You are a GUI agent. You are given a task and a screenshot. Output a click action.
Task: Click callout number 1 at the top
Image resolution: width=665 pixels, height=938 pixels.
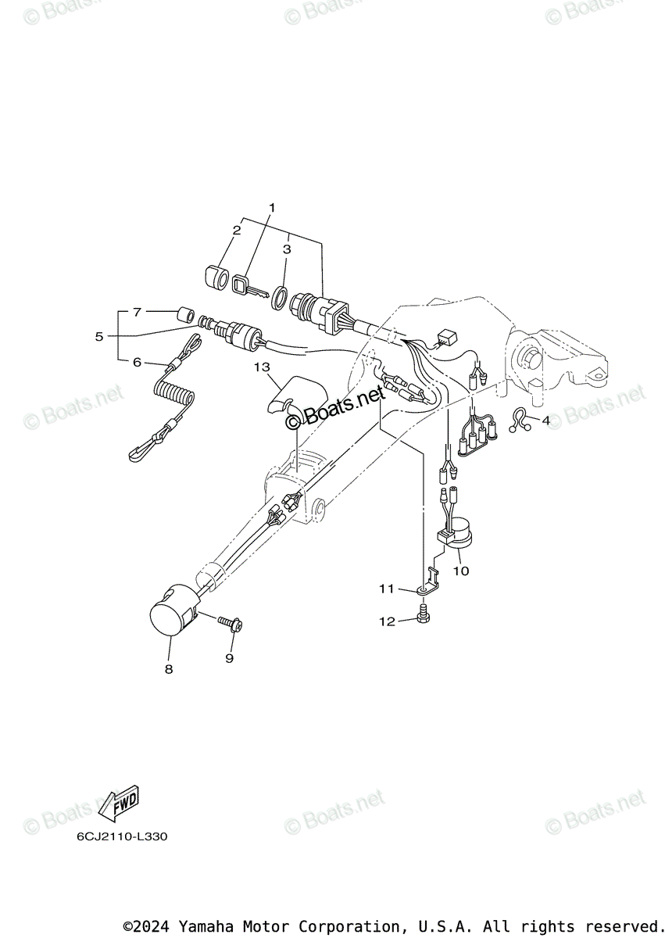[273, 207]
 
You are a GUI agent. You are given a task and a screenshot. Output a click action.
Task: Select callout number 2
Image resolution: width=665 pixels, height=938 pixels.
[235, 230]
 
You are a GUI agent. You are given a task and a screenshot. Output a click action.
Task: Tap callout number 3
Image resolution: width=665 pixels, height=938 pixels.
[287, 249]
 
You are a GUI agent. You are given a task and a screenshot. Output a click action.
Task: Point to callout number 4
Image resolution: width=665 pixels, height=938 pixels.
[546, 421]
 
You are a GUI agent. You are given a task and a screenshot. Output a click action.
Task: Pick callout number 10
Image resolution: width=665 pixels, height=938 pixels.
[461, 571]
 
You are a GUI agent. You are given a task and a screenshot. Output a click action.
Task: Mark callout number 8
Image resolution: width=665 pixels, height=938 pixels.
[169, 669]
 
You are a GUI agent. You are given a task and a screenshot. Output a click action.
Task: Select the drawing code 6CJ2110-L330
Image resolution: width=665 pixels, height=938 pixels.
[121, 837]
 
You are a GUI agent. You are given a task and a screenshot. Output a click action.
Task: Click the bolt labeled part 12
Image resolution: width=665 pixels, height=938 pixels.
[424, 616]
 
